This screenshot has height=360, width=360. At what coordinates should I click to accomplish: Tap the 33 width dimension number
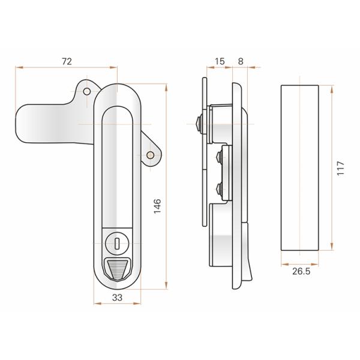[118, 296]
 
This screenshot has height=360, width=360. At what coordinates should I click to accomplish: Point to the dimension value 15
[219, 61]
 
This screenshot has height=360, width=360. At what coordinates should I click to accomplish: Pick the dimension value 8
[241, 61]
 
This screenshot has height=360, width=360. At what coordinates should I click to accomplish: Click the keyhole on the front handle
[118, 244]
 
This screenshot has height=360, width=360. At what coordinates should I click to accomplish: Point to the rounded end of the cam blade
[24, 122]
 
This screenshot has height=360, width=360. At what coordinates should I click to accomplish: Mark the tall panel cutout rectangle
[300, 168]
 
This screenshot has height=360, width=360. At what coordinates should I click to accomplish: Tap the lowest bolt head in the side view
[219, 191]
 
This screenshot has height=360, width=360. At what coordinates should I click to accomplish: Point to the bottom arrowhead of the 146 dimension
[166, 286]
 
